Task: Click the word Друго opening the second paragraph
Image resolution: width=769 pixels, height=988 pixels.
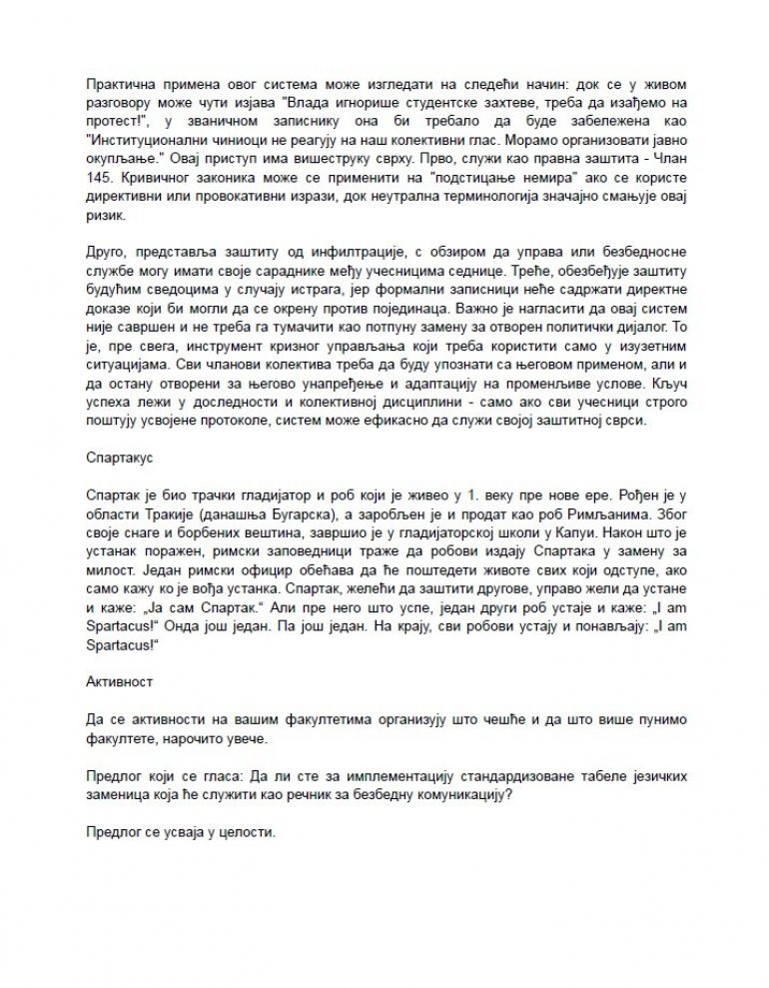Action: [x=107, y=243]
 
